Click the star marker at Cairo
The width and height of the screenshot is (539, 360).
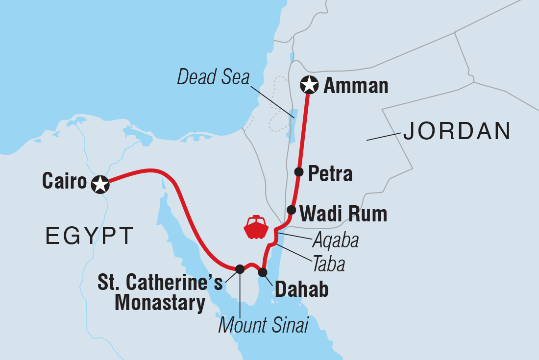pos(100,184)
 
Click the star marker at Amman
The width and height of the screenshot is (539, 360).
pos(309,85)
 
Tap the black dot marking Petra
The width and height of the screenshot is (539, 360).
pos(298,171)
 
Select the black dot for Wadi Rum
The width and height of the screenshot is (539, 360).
pos(291,210)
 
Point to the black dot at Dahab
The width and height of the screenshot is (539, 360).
pos(263,272)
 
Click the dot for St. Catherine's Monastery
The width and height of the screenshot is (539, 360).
pos(240,268)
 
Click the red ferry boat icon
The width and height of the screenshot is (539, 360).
pos(256,227)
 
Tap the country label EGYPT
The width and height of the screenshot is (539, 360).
pos(90,236)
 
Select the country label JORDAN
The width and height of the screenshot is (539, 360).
pos(457,131)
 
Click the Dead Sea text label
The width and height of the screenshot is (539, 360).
pos(214,77)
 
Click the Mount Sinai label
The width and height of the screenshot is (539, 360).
pos(263,325)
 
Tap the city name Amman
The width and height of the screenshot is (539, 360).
pos(356,86)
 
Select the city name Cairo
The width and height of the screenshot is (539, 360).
pos(64,181)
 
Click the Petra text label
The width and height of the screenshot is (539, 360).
pos(330,173)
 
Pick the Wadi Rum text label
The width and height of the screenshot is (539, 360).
pos(343,214)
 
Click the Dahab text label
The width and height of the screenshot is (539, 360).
pos(301,289)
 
